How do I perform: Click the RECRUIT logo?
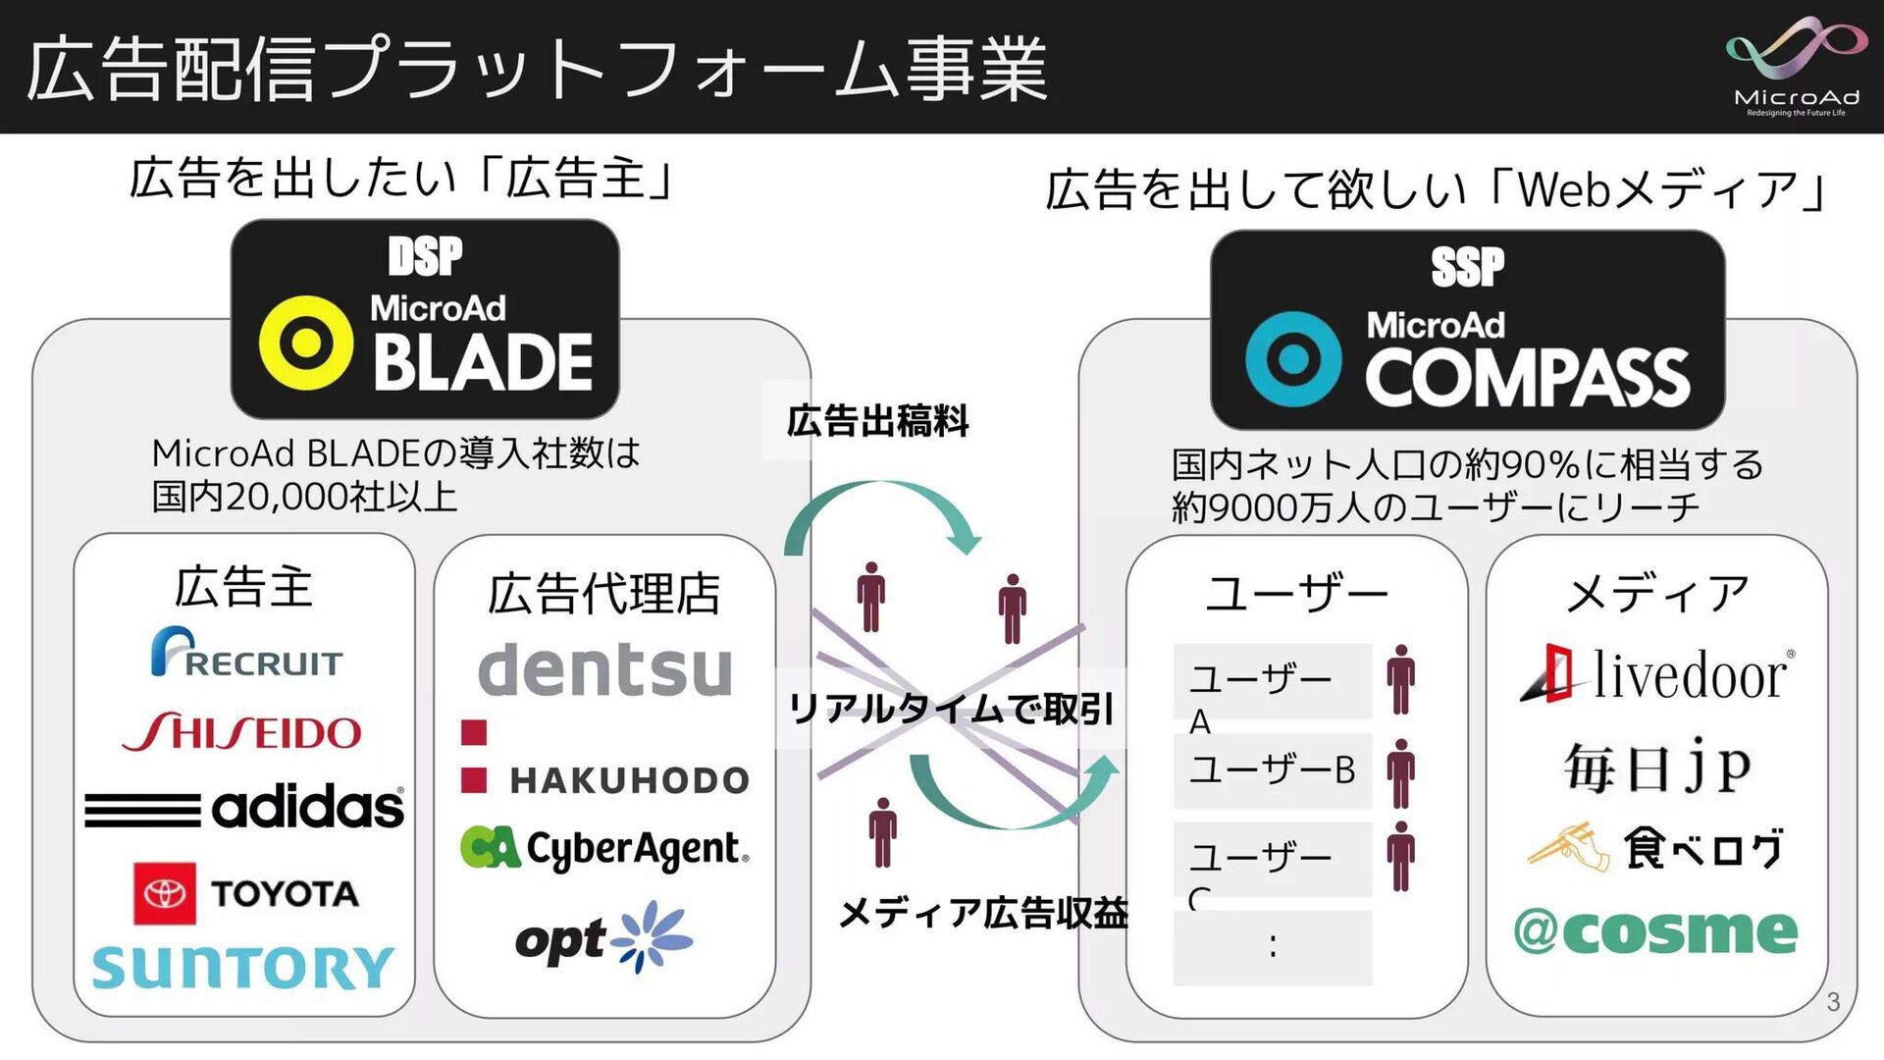(246, 653)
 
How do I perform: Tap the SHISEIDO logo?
(242, 732)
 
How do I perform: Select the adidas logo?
(244, 807)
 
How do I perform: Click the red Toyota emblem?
(164, 893)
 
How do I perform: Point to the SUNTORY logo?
(242, 967)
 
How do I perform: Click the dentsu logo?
(604, 669)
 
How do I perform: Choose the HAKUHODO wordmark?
(629, 780)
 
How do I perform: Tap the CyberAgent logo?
(604, 849)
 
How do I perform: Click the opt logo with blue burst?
(604, 938)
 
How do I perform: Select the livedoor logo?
(1656, 675)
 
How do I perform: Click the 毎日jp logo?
(1656, 767)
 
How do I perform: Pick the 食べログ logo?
(1656, 848)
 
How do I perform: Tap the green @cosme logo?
(1655, 931)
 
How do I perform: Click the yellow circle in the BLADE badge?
(306, 344)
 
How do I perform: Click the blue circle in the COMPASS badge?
(1293, 359)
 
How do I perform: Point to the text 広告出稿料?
(877, 421)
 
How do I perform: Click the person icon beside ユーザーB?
(1401, 773)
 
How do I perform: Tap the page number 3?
(1832, 1002)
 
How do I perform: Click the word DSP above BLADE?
(425, 256)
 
